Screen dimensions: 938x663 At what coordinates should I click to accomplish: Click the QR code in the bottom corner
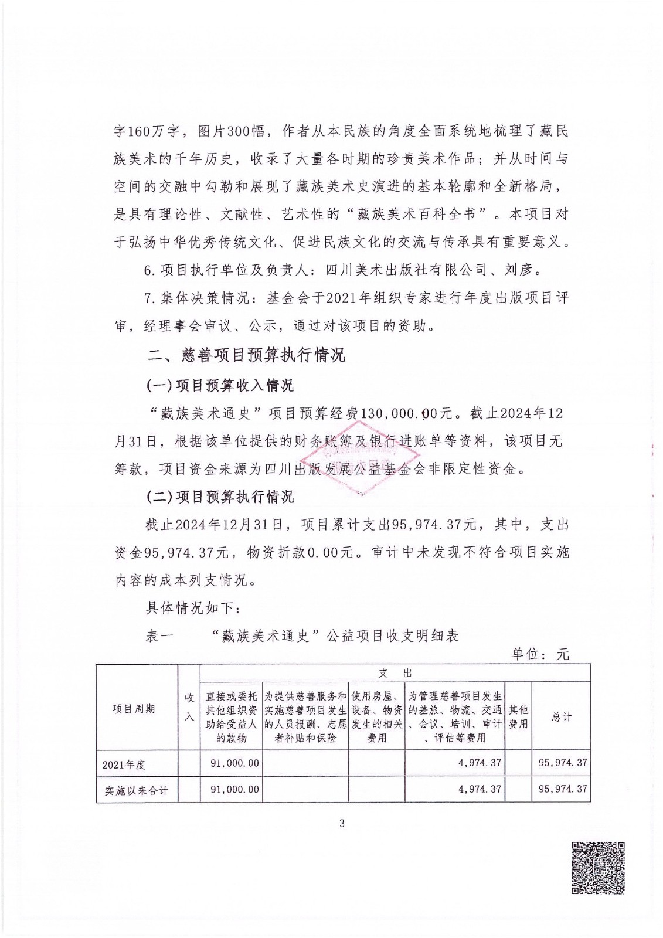point(598,868)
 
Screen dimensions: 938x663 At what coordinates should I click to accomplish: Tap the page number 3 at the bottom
point(342,824)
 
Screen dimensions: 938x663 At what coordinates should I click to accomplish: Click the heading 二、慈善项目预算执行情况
point(246,355)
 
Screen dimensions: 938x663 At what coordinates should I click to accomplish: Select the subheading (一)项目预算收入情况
point(220,385)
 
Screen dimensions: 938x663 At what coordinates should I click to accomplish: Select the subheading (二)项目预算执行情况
point(220,497)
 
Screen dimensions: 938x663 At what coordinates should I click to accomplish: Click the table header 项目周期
point(134,709)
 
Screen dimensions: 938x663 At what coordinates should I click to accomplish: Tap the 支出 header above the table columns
point(395,672)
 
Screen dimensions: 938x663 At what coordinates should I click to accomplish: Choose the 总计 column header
point(562,716)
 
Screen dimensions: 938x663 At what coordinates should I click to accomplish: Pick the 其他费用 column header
point(518,716)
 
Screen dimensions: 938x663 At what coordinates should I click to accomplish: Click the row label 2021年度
point(124,764)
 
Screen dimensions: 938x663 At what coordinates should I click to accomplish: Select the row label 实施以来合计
point(136,790)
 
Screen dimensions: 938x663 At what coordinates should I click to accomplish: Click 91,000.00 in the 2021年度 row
point(234,763)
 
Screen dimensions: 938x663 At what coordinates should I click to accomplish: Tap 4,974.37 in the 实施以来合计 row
point(480,789)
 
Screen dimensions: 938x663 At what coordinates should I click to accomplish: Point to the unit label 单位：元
point(540,654)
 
